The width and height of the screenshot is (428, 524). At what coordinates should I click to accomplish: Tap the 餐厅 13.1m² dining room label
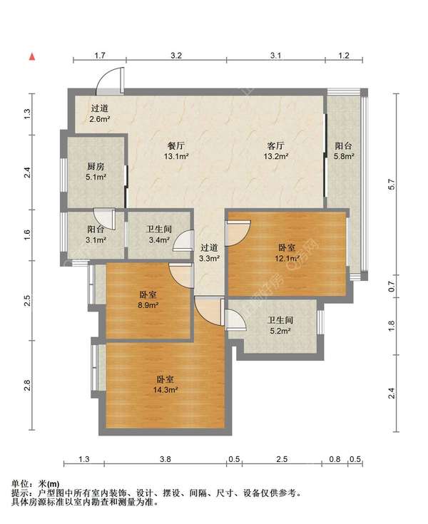[x=174, y=150]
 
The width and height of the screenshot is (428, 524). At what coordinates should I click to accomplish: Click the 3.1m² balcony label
[x=96, y=235]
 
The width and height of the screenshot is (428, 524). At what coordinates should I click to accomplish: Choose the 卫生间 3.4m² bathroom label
[x=158, y=235]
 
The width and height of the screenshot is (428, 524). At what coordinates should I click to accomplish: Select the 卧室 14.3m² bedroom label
[x=166, y=385]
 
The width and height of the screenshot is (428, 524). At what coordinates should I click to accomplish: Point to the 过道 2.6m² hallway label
[x=99, y=114]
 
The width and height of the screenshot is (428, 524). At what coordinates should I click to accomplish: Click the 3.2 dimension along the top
[x=176, y=55]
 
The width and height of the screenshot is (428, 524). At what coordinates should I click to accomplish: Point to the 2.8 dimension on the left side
[x=26, y=386]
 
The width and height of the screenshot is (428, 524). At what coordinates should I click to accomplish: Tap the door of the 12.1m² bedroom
[x=238, y=232]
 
